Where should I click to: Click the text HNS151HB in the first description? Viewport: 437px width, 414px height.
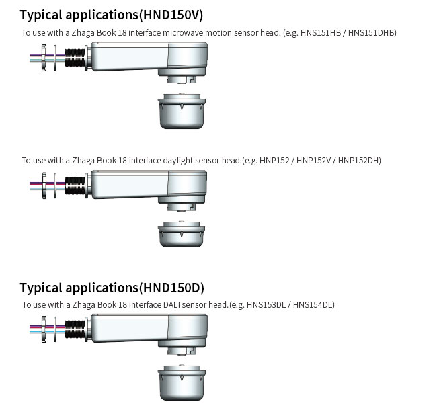[x=321, y=33]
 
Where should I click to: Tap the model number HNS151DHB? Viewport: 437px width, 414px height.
[x=371, y=33]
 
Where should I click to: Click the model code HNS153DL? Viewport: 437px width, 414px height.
[x=266, y=304]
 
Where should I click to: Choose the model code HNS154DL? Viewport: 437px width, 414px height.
[x=313, y=304]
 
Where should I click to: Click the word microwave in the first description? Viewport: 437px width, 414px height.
[x=183, y=33]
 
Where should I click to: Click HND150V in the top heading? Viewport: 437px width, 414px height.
[x=171, y=15]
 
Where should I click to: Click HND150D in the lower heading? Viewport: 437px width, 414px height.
[x=171, y=288]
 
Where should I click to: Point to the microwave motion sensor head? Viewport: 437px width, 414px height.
[x=182, y=111]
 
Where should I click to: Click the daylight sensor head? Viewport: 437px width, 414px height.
[x=182, y=234]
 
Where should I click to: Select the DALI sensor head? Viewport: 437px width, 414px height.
[x=182, y=383]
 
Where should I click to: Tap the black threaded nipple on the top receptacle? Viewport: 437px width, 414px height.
[x=75, y=58]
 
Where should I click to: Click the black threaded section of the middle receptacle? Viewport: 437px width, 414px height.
[x=75, y=185]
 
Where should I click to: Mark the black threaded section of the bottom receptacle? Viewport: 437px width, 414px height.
[x=75, y=329]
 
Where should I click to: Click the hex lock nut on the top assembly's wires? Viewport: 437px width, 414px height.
[x=44, y=58]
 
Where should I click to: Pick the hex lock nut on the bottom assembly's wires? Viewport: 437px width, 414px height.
[x=44, y=329]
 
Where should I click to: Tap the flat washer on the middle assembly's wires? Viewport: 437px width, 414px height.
[x=55, y=185]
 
